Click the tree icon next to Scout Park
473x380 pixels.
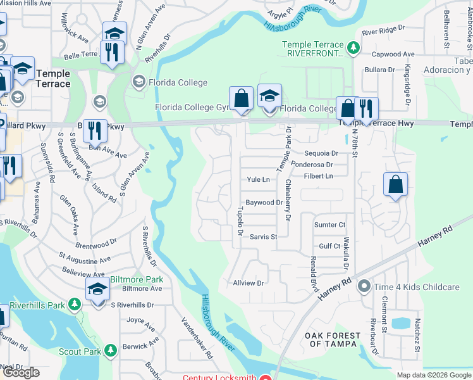pyautogui.click(x=111, y=350)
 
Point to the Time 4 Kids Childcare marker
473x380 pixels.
pyautogui.click(x=364, y=287)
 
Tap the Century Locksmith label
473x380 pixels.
pyautogui.click(x=220, y=377)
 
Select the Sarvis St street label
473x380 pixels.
pyautogui.click(x=264, y=237)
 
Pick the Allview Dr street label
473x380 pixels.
pyautogui.click(x=248, y=282)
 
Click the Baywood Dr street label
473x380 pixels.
pyautogui.click(x=264, y=203)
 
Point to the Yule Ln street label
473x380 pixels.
pyautogui.click(x=258, y=180)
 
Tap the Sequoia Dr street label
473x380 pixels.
pyautogui.click(x=321, y=153)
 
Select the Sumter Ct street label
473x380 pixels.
pyautogui.click(x=330, y=225)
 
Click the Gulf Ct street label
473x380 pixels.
pyautogui.click(x=330, y=246)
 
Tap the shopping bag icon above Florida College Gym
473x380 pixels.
pyautogui.click(x=241, y=99)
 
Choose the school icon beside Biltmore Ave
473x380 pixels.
pyautogui.click(x=97, y=291)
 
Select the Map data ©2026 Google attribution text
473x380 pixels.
pyautogui.click(x=434, y=375)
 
